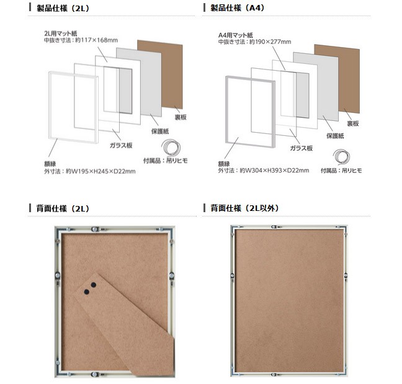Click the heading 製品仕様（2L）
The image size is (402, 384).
tap(63, 8)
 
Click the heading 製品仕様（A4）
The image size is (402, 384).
tap(237, 7)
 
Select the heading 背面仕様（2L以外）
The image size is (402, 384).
tap(244, 208)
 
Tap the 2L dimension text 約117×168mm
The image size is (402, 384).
tap(96, 40)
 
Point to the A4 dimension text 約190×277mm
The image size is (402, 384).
tap(270, 42)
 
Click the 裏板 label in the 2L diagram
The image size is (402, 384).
tap(181, 117)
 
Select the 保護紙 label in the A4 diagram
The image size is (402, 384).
tap(335, 136)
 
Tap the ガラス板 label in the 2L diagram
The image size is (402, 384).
tap(121, 145)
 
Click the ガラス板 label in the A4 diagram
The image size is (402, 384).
tap(301, 148)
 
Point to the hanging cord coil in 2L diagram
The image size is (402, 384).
tap(171, 148)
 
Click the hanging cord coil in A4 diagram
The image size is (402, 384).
tap(341, 156)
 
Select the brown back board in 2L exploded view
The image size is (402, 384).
tap(159, 74)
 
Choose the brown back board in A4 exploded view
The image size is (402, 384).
tap(337, 78)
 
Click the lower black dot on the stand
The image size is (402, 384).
tap(87, 292)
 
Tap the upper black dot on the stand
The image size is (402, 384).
tap(94, 285)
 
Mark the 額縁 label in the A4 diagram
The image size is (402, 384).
tap(224, 164)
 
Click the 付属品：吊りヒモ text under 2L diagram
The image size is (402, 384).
tap(166, 161)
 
